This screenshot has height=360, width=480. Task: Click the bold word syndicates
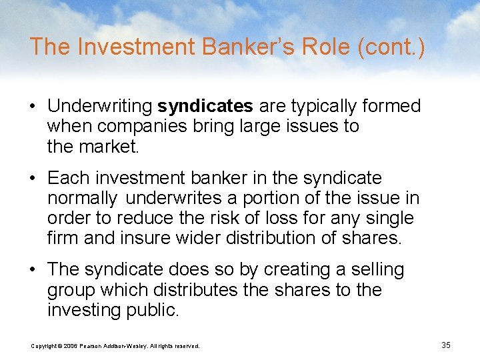pyautogui.click(x=205, y=106)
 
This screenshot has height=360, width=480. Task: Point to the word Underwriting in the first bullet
pyautogui.click(x=100, y=106)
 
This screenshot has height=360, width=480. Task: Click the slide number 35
pyautogui.click(x=446, y=345)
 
